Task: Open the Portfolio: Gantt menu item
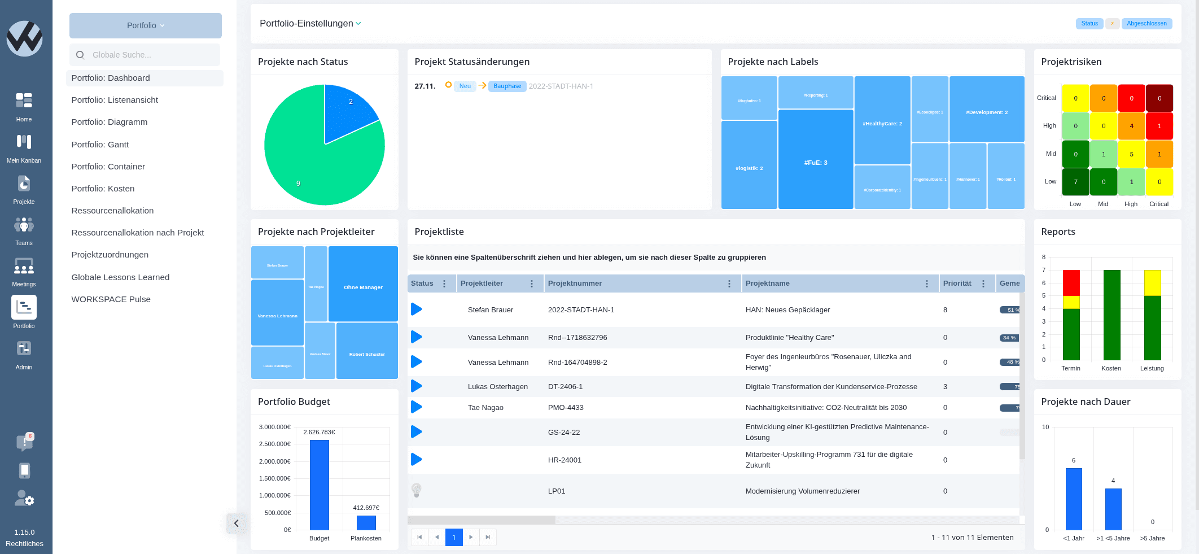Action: point(100,145)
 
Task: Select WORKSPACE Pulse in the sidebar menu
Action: point(111,299)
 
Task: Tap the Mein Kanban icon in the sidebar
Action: point(24,142)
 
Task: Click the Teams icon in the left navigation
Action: point(24,226)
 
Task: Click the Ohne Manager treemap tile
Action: point(363,284)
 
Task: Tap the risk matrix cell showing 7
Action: point(1075,182)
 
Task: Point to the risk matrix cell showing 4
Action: point(1131,126)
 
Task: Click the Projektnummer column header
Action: point(575,283)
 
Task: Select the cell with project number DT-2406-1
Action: point(565,387)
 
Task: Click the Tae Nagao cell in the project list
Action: point(485,408)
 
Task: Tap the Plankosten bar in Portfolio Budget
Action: point(366,522)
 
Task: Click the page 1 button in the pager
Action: point(454,537)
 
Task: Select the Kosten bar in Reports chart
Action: point(1112,315)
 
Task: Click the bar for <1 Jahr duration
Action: point(1074,499)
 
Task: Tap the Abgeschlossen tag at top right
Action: point(1147,24)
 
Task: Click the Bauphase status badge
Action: point(507,86)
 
